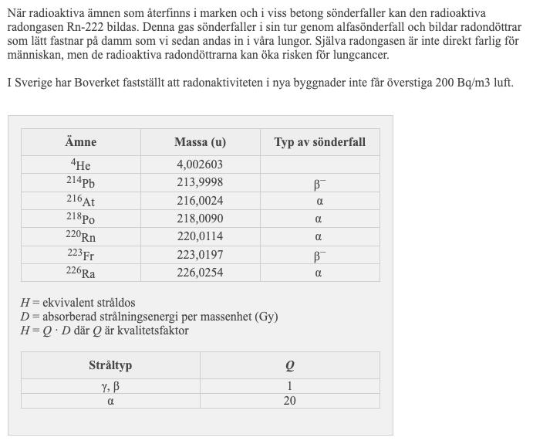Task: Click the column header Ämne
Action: coord(80,142)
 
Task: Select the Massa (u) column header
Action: coord(200,142)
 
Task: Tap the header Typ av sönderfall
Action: coord(319,142)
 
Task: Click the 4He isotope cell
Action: coord(80,165)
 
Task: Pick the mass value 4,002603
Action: coord(200,165)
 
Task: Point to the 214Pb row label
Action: coord(80,183)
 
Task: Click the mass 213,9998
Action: coord(200,183)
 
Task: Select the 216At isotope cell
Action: coord(80,201)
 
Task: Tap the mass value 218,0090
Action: coord(200,219)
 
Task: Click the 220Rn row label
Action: coord(80,237)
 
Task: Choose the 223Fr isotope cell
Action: coord(80,255)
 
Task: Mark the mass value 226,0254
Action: coord(200,273)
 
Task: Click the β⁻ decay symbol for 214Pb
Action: coord(319,184)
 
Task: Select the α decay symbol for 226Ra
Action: coord(319,273)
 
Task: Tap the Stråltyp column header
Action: coord(110,365)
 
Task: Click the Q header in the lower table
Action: coord(289,365)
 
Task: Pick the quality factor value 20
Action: coord(289,401)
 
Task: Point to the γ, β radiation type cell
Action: coord(110,386)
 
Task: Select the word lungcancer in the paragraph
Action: coord(361,56)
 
